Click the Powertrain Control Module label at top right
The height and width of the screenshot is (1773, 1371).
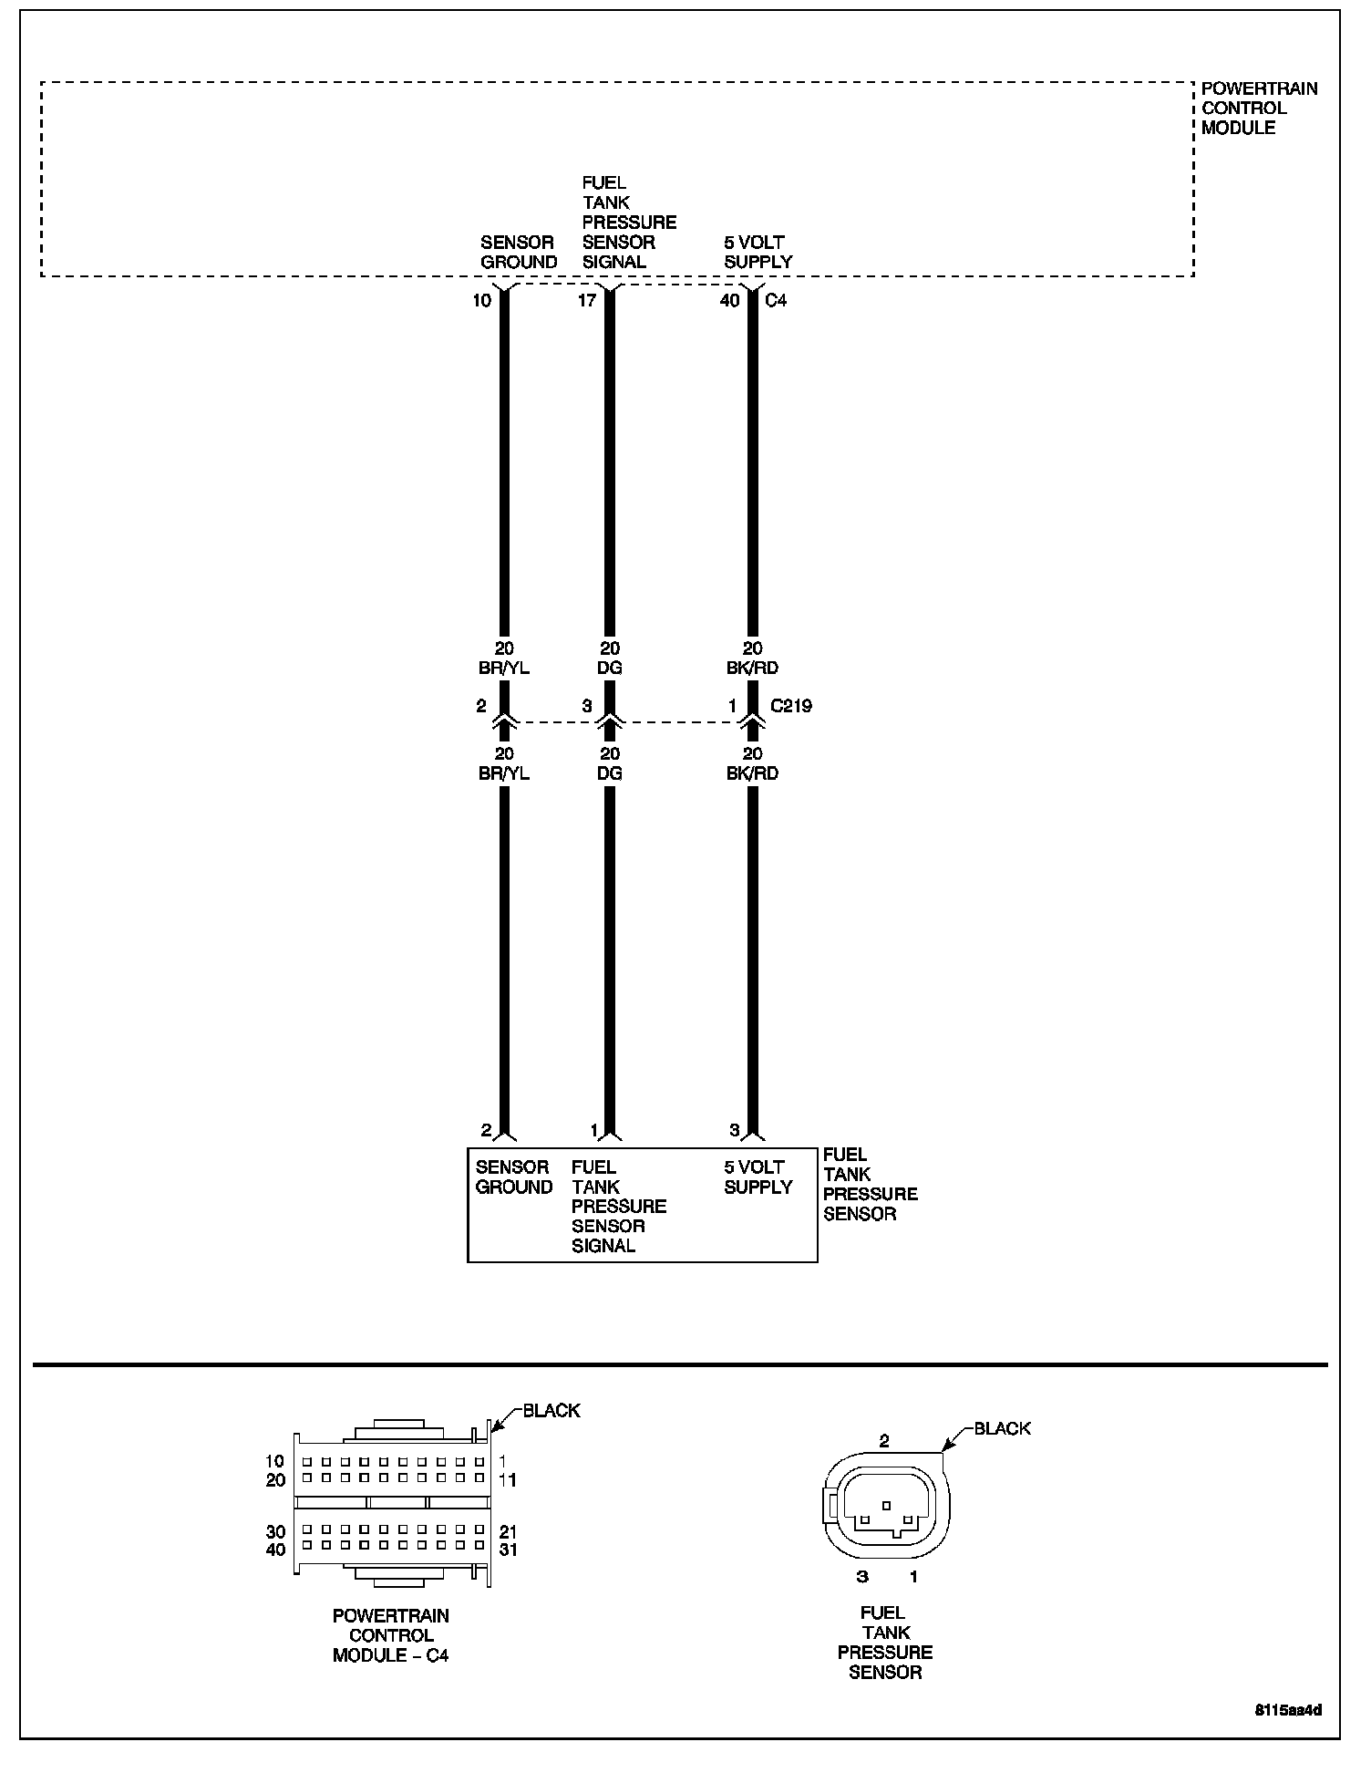pos(1259,109)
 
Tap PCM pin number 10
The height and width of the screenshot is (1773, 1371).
pos(481,300)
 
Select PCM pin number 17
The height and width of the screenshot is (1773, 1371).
pos(586,300)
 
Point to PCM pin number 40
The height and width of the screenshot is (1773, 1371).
pos(729,300)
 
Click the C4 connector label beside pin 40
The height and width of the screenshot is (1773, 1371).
pos(776,300)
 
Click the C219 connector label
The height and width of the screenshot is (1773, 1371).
pos(791,706)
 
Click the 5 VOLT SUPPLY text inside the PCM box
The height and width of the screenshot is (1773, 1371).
pos(758,252)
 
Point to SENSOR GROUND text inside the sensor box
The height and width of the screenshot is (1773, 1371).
pos(514,1177)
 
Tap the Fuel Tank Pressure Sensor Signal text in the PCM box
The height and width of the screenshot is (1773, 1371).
pos(629,223)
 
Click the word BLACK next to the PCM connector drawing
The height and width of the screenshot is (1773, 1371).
pos(551,1411)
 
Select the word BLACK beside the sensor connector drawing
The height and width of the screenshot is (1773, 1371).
pos(1003,1428)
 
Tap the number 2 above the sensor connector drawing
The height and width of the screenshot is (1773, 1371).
pos(884,1442)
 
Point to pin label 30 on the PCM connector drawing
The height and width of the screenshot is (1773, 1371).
pos(275,1532)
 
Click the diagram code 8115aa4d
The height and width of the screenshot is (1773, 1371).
pos(1289,1710)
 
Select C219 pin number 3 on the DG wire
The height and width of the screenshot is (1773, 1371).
pos(587,706)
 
